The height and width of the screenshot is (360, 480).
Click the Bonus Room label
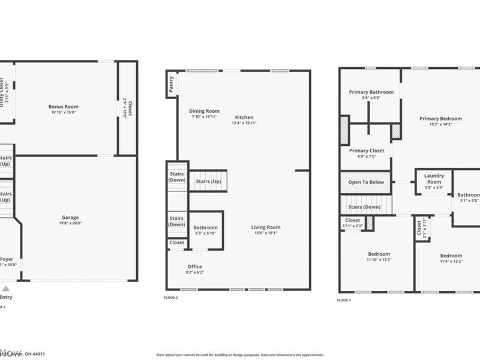point(64,107)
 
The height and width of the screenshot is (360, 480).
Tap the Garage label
point(70,217)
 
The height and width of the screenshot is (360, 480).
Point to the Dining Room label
point(204,111)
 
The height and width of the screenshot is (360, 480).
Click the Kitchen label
point(244,118)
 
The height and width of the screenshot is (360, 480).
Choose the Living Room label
point(265,227)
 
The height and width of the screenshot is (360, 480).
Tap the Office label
point(195,266)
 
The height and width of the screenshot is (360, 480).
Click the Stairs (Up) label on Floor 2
point(208,181)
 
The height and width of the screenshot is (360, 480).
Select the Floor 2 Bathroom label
point(206,227)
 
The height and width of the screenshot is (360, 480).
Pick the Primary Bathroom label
point(371,92)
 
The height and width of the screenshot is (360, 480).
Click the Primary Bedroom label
point(440,119)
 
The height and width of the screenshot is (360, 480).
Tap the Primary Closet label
point(367,151)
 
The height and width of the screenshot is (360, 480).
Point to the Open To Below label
point(366,182)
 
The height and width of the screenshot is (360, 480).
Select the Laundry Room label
point(434,178)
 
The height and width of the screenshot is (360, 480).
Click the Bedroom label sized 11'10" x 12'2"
point(379,254)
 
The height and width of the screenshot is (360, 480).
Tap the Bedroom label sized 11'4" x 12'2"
point(451,255)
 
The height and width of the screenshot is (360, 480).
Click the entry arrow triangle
point(6,288)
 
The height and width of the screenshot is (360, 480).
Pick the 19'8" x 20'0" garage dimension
point(70,223)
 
